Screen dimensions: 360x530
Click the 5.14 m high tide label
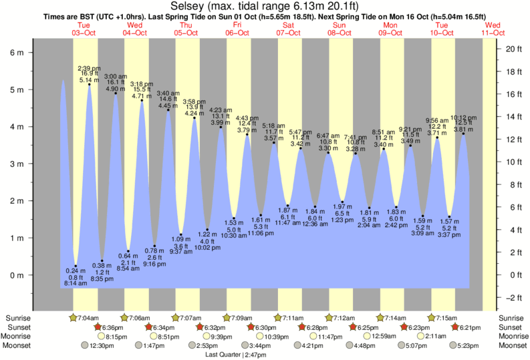[x=89, y=80]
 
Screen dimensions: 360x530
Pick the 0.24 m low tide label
[x=76, y=271]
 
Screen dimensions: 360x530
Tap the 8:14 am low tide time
[x=76, y=284]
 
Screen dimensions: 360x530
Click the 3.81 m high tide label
[x=462, y=130]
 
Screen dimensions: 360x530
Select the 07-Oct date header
[x=289, y=32]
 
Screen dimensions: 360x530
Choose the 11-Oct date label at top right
[x=494, y=32]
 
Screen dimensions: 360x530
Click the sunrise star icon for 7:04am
[x=73, y=317]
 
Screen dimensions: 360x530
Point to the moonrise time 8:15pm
[x=116, y=337]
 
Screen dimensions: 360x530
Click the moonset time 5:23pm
[x=471, y=346]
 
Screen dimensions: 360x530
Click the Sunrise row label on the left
[x=17, y=318]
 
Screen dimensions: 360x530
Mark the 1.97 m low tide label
[x=342, y=206]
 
